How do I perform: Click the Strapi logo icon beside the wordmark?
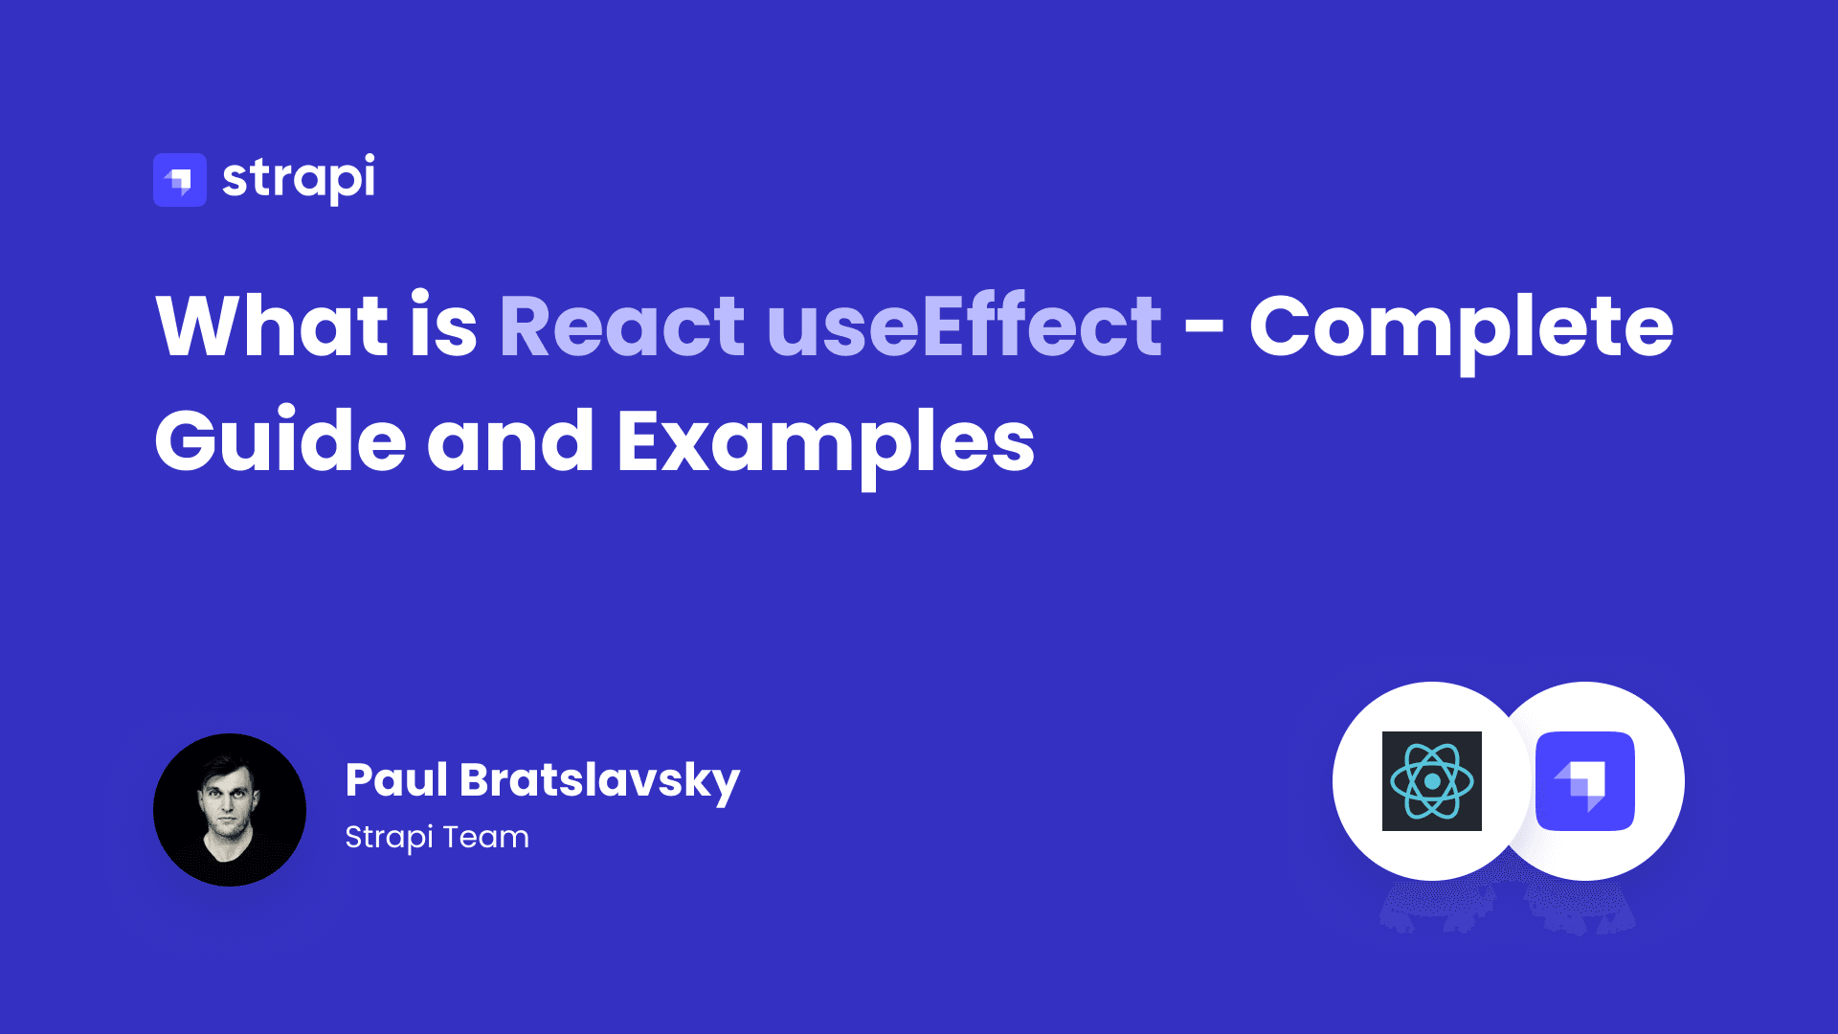[180, 180]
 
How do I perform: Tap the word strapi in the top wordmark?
[299, 179]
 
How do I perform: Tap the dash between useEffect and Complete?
[1204, 328]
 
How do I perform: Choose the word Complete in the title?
[1462, 331]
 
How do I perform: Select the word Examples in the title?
[826, 445]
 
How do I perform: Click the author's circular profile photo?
[230, 810]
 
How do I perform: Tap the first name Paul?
[396, 779]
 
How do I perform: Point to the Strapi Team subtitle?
[437, 838]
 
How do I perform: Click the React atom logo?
[1432, 781]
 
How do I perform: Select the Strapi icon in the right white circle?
[1585, 781]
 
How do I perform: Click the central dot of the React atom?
[1432, 781]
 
